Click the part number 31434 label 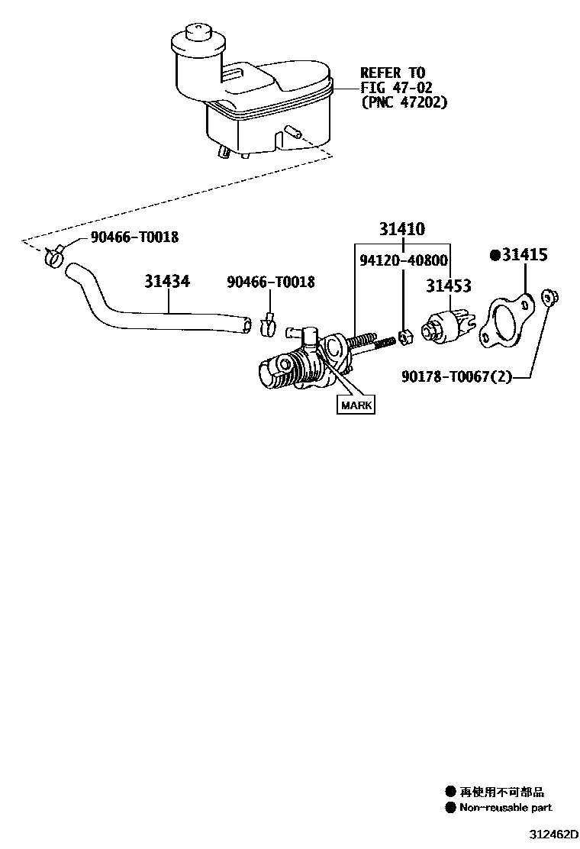coord(167,282)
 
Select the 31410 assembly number coord(403,229)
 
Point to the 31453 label coord(449,286)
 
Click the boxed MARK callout coord(356,405)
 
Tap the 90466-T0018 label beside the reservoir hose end coord(134,237)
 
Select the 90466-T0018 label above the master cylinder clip coord(270,282)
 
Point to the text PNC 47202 coord(404,102)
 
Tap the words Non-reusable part coord(505,807)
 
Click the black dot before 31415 coord(495,255)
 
